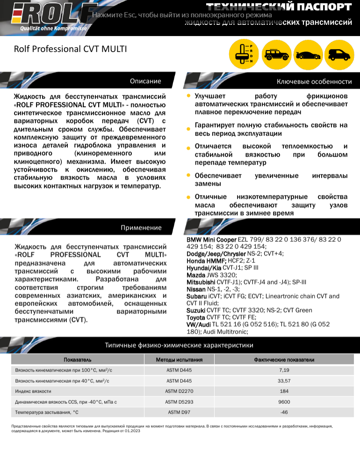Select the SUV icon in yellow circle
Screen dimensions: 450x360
coord(275,54)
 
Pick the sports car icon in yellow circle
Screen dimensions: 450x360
coord(307,54)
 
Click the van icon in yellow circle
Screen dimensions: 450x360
coord(339,54)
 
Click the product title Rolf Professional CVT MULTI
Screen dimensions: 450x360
coord(70,49)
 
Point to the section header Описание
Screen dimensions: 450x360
coord(145,81)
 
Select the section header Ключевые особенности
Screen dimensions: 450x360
coord(314,81)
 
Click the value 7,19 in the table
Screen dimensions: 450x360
coord(284,370)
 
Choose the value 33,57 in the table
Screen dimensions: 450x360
coord(284,381)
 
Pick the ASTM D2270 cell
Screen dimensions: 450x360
coord(179,391)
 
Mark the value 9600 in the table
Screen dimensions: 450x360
coord(284,402)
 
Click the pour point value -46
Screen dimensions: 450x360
coord(284,412)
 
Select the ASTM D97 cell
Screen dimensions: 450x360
coord(179,412)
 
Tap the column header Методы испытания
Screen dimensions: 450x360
coord(179,360)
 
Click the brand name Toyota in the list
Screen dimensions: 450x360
coord(195,318)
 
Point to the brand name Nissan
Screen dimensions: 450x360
coord(196,289)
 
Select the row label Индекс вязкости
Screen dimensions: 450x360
coord(33,391)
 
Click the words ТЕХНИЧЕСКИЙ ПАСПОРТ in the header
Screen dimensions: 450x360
coord(279,7)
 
